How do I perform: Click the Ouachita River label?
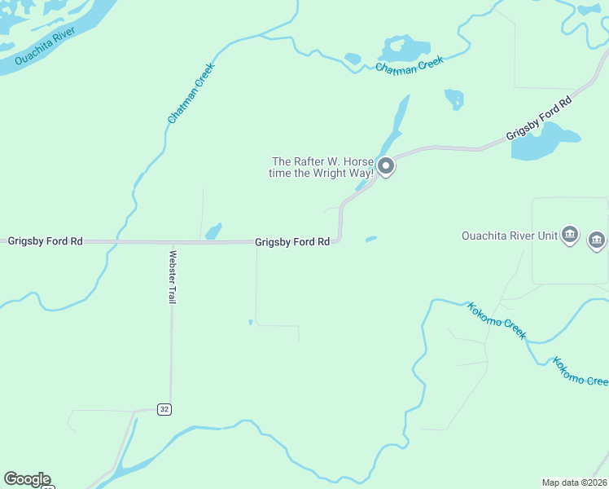[45, 46]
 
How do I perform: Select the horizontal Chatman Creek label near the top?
[409, 66]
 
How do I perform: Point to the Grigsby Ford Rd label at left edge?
[46, 241]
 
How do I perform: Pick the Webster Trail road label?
[173, 276]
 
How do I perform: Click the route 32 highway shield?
[164, 409]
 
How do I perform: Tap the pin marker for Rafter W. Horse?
[387, 166]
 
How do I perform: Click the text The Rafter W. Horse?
[321, 161]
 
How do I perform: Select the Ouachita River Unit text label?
[510, 236]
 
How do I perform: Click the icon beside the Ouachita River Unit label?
[570, 236]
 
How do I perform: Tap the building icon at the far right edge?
[597, 240]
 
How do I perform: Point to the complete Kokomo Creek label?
[497, 320]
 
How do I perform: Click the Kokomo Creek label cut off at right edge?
[581, 371]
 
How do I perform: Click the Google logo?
[27, 479]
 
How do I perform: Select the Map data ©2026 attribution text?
[574, 482]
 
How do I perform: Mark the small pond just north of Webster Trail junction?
[214, 231]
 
